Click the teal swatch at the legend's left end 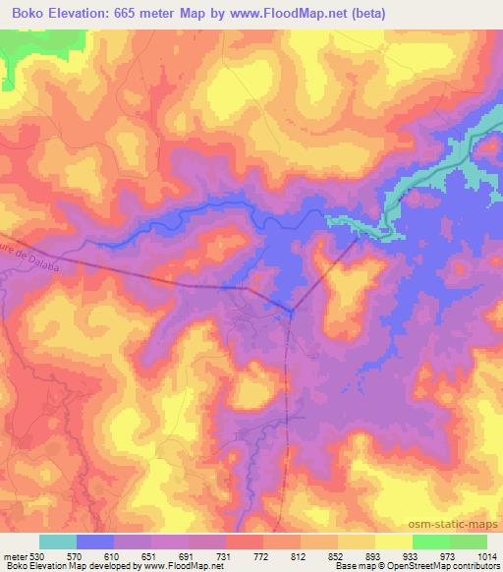point(58,542)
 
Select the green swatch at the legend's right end point(468,542)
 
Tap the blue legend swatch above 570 point(95,542)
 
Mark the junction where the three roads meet point(291,313)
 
